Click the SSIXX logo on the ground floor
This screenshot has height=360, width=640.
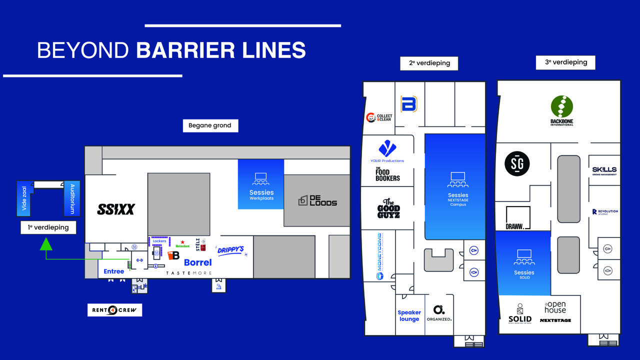(x=116, y=209)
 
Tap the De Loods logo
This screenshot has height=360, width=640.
(x=317, y=200)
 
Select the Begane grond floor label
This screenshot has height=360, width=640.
(x=210, y=125)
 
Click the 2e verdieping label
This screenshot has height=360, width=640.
(x=429, y=63)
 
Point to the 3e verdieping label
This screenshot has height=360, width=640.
(x=566, y=62)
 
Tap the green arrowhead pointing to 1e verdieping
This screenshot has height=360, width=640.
(x=46, y=244)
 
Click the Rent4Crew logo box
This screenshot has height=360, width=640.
(x=114, y=310)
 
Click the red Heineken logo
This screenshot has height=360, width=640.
(x=182, y=244)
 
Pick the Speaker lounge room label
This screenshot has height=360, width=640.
(x=409, y=315)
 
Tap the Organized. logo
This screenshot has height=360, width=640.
(x=439, y=313)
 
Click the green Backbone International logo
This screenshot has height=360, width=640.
(x=562, y=110)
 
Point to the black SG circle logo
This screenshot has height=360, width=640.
(x=517, y=163)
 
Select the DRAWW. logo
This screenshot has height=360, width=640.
(x=518, y=219)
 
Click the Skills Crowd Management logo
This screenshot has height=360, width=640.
(x=604, y=171)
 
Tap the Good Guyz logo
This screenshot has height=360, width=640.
(x=388, y=208)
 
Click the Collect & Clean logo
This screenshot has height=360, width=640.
(x=379, y=117)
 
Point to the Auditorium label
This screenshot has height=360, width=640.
(x=72, y=198)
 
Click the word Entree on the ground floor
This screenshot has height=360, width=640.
(x=113, y=271)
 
